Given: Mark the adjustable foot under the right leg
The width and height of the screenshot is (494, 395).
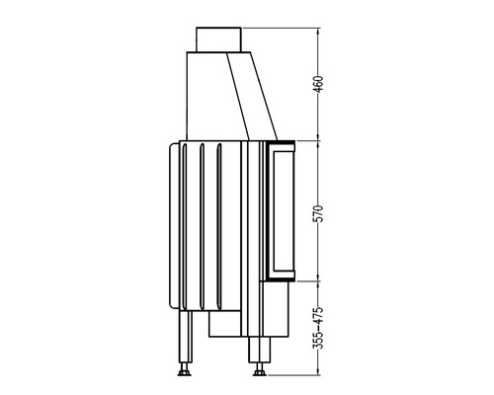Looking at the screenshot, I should [x=259, y=373].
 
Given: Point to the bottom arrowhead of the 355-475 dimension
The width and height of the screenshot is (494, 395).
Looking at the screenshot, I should [x=318, y=373].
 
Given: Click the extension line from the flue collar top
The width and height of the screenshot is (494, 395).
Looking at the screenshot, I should [x=277, y=28].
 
